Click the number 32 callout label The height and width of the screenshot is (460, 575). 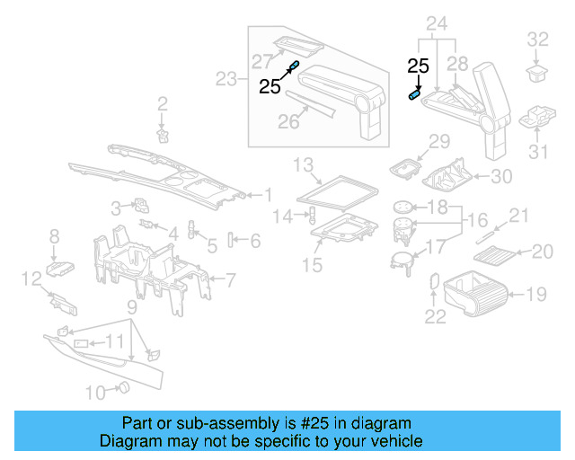[536, 39]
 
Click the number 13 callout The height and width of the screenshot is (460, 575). [304, 164]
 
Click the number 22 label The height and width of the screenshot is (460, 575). [435, 315]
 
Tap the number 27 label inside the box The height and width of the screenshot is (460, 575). [261, 61]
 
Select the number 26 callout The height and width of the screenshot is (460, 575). [287, 121]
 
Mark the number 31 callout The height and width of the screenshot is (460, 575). [537, 153]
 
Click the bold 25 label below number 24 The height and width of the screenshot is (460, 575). [418, 66]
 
